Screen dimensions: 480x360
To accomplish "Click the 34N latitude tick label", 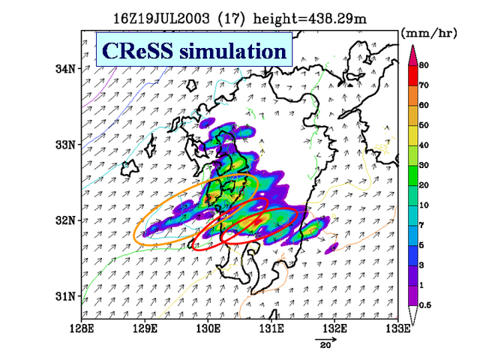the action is (65, 69).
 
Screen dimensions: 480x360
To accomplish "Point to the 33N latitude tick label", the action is (65, 145).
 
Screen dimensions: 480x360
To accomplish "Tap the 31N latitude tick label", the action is (65, 296).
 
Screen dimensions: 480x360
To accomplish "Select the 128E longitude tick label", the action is (82, 328).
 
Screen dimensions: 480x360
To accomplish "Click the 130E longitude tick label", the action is (208, 328).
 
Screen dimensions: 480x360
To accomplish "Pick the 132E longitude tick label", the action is (335, 328).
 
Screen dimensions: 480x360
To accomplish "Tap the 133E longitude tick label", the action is (398, 328).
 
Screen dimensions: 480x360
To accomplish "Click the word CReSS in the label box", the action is (137, 50).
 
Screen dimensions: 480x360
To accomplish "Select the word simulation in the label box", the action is (233, 50).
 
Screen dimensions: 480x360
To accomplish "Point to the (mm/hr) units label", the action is (429, 33).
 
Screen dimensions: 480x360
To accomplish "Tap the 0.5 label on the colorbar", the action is (425, 305).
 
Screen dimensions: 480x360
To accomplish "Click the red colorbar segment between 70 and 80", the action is (413, 76).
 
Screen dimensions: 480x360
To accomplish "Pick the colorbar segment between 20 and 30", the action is (413, 175).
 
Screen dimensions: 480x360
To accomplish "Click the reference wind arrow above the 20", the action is (325, 339).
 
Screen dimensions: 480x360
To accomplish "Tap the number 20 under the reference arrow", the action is (325, 345).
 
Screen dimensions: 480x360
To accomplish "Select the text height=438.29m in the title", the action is (310, 19).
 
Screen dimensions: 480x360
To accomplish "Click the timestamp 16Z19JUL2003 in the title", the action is (161, 19).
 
